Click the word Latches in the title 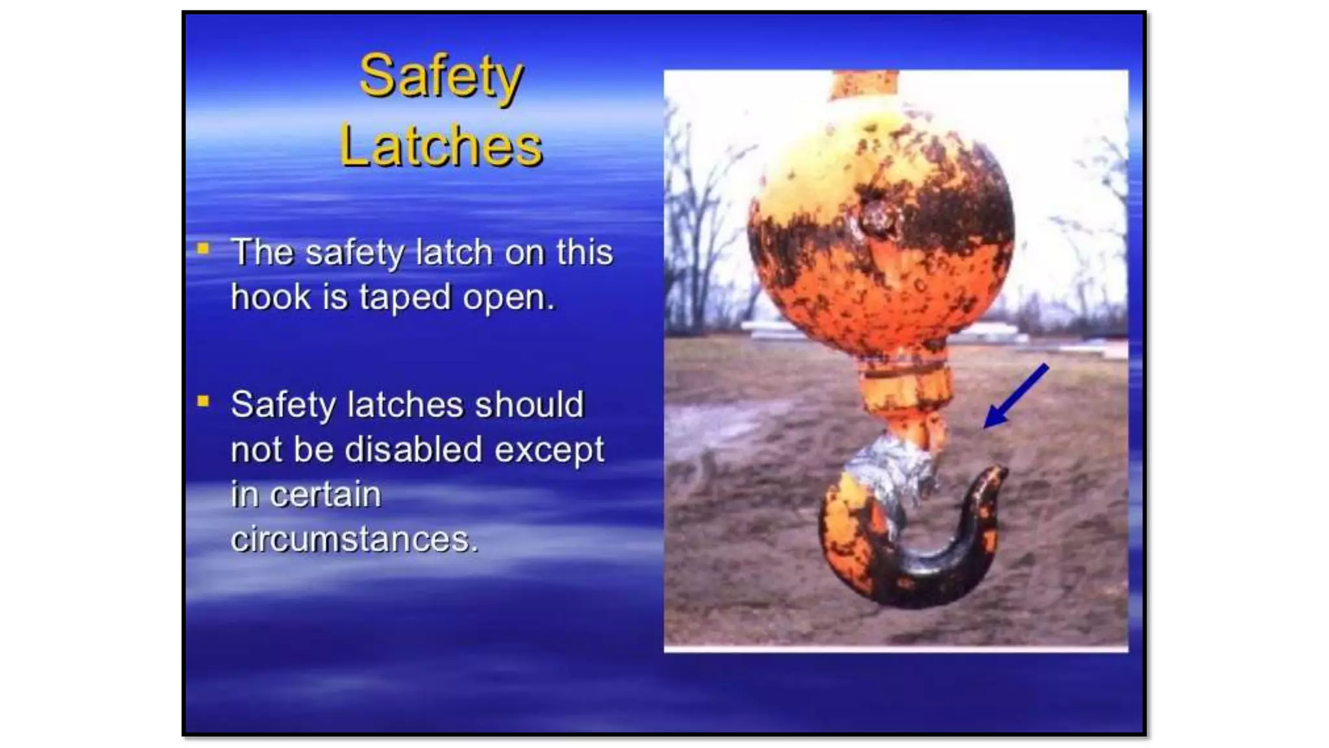click(x=441, y=146)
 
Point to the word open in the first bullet click(x=507, y=297)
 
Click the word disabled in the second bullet click(x=413, y=449)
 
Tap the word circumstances click(x=354, y=539)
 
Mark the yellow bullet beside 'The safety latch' click(x=203, y=249)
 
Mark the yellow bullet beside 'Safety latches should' click(x=203, y=401)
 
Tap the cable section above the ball click(x=864, y=84)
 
